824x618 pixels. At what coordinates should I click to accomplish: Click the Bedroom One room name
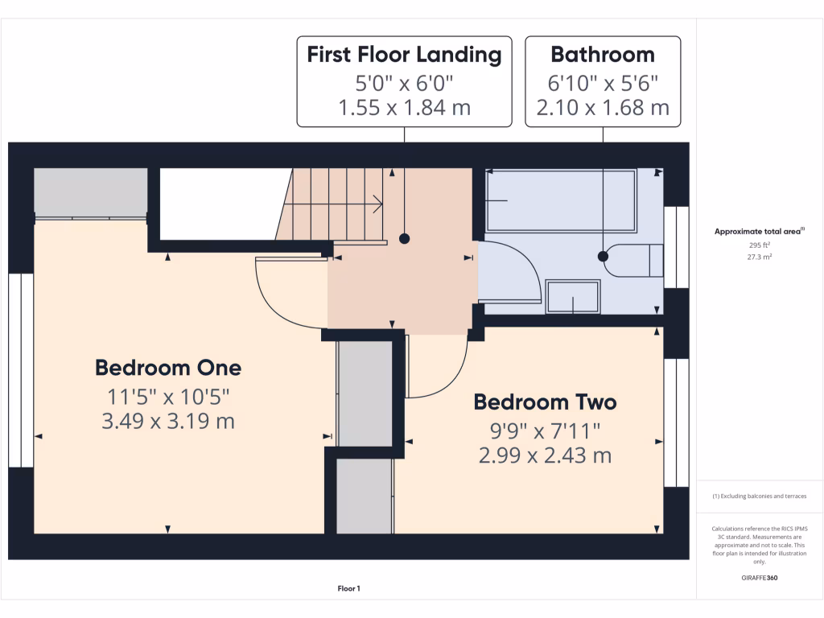(167, 368)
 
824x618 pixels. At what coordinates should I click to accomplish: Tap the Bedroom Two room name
(545, 402)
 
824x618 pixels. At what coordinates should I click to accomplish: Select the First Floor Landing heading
(404, 55)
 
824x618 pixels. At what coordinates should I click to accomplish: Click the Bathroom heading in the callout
(603, 55)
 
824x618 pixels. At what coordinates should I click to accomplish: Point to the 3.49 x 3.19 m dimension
(167, 421)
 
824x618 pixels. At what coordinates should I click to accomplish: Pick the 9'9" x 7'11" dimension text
(545, 431)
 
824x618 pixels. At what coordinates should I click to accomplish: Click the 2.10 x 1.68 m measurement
(603, 107)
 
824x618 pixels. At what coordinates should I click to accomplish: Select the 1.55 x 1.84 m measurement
(404, 107)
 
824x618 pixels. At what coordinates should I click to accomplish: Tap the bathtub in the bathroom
(561, 200)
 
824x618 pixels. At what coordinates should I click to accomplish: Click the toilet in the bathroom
(636, 260)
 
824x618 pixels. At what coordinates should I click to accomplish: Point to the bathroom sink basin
(573, 296)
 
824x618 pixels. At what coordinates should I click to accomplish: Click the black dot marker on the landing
(404, 238)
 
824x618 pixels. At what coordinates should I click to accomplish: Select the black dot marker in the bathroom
(603, 257)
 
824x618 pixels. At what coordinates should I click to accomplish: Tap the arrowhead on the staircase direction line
(378, 205)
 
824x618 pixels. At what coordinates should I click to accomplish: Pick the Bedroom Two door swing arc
(451, 382)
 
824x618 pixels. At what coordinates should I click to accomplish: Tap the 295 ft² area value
(759, 245)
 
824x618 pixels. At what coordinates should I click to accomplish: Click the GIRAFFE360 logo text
(759, 578)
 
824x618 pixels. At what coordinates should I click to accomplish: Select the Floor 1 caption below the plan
(348, 589)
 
